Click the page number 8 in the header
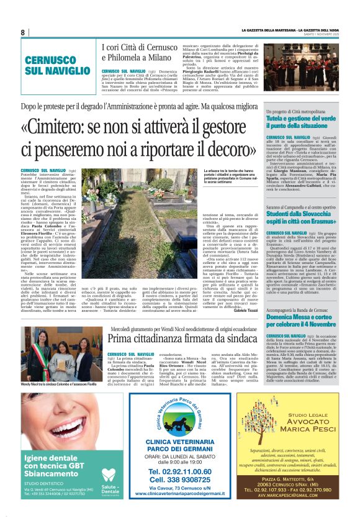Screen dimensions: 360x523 click(x=22, y=32)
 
